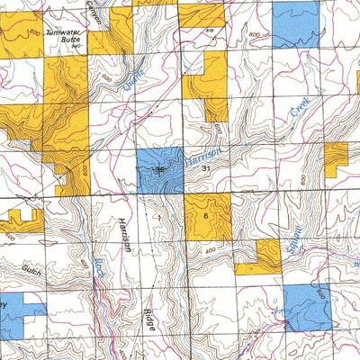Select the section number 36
click(160, 168)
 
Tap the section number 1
click(157, 217)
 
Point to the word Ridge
click(148, 319)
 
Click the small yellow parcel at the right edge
click(335, 158)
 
